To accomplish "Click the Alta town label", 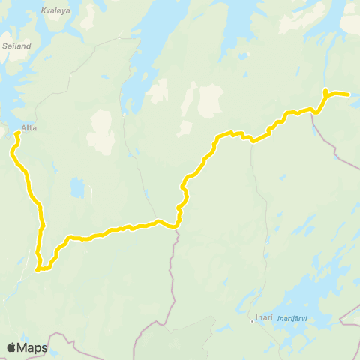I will [x=28, y=127].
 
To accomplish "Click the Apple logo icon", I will [x=12, y=347].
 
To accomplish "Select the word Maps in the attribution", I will [x=33, y=347].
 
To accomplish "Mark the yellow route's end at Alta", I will [x=17, y=133].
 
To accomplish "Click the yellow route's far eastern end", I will [x=349, y=94].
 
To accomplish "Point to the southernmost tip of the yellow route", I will [x=38, y=270].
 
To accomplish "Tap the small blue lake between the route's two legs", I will [x=77, y=187].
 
